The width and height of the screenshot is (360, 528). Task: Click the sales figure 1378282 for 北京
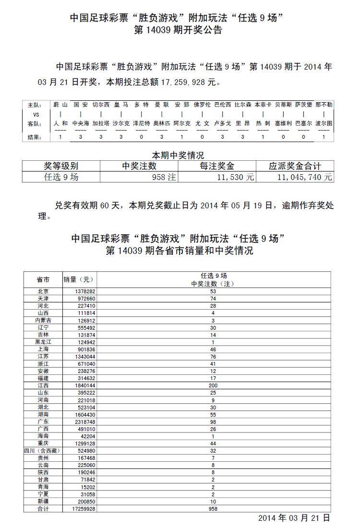[x=85, y=291]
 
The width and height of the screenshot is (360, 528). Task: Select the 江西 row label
[x=43, y=385]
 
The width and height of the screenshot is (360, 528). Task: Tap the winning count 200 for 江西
[x=213, y=385]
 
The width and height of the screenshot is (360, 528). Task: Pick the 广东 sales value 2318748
[x=84, y=421]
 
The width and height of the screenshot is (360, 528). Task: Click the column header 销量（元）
[x=79, y=279]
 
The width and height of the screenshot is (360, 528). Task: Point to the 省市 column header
[x=43, y=279]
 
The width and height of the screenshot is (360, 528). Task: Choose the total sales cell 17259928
[x=84, y=508]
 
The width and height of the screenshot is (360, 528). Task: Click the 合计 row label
[x=43, y=508]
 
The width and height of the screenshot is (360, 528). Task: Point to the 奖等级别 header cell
[x=61, y=166]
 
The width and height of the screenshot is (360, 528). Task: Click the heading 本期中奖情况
[x=178, y=156]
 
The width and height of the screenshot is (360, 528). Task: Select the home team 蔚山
[x=60, y=105]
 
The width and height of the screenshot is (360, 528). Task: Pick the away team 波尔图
[x=324, y=123]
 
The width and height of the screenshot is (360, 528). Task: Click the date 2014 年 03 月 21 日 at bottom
[x=294, y=518]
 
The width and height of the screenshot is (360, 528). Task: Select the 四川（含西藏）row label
[x=43, y=451]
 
